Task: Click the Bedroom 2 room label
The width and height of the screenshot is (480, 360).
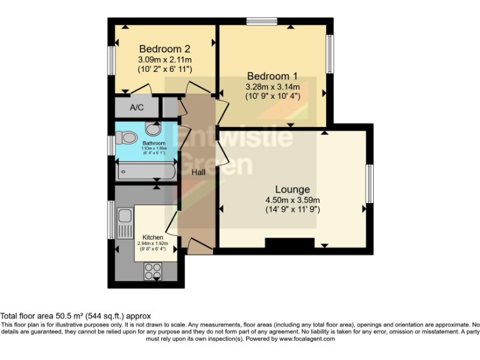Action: [164, 49]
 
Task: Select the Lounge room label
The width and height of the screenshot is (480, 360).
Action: [292, 189]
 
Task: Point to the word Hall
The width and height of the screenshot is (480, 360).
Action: [199, 172]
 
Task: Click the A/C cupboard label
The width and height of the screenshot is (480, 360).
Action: [136, 107]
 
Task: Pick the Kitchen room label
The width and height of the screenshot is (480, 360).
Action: [152, 237]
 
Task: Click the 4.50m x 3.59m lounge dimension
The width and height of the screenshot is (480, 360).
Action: [292, 200]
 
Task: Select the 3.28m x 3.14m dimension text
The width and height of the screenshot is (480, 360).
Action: [272, 87]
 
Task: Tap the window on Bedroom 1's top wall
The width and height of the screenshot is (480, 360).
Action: [261, 22]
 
